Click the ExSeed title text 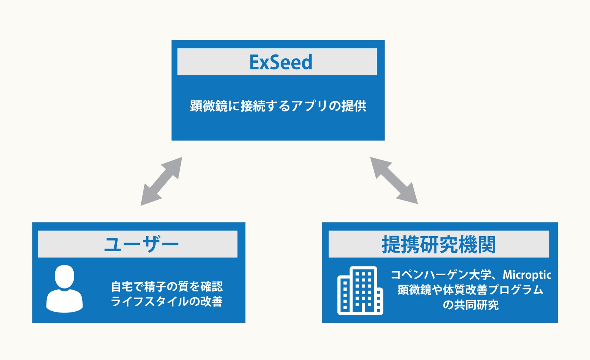click(x=281, y=62)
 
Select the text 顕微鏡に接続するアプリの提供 click(x=278, y=106)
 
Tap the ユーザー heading click(x=142, y=244)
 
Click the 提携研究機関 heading click(x=439, y=244)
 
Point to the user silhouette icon click(x=65, y=289)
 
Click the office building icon click(x=360, y=290)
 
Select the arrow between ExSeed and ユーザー click(x=162, y=181)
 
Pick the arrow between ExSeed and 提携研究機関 click(x=394, y=181)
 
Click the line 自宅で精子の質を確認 click(x=167, y=287)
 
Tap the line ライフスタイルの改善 click(x=167, y=301)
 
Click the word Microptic click(x=527, y=275)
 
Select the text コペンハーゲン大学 click(x=441, y=275)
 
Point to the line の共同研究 click(x=471, y=305)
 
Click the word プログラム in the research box click(x=516, y=290)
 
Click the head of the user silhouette click(x=65, y=277)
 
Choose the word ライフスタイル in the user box click(x=150, y=301)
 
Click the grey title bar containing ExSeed click(x=277, y=62)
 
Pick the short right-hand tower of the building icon click(x=379, y=301)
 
